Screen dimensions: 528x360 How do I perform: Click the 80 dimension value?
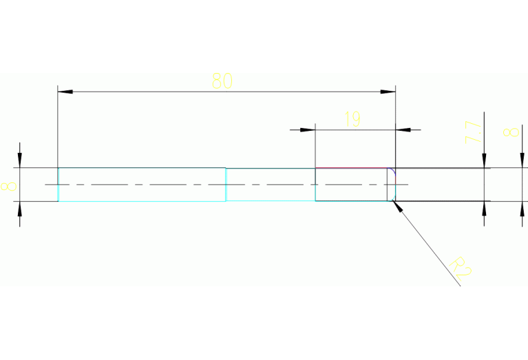222,81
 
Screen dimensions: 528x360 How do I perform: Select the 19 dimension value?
351,120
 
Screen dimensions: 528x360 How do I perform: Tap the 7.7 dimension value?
473,131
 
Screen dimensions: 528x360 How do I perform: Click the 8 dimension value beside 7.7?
511,131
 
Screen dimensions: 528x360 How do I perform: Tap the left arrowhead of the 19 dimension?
307,129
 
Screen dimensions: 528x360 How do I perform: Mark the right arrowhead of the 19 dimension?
403,129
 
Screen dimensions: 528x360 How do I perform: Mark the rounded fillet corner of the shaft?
392,171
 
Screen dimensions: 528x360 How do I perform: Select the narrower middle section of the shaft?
270,184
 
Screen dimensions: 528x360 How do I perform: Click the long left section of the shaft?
141,184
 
